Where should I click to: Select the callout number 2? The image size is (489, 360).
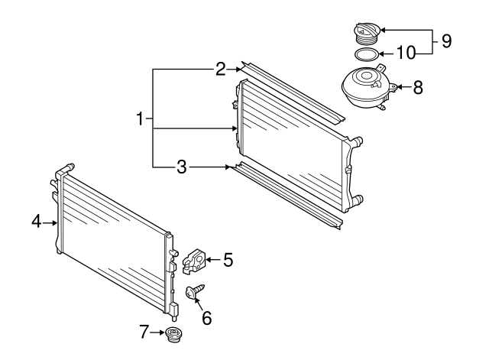[220, 70]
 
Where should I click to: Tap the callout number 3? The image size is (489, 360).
[182, 166]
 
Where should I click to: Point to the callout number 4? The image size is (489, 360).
[36, 222]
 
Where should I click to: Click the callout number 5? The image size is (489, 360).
[228, 260]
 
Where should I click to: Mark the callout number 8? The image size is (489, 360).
[418, 87]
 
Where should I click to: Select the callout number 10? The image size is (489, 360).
[407, 54]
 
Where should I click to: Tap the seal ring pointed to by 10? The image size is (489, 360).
[365, 54]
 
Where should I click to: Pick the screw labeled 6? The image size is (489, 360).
[194, 292]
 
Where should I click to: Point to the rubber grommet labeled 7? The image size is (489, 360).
[173, 334]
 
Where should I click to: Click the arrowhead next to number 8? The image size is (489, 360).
[399, 87]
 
